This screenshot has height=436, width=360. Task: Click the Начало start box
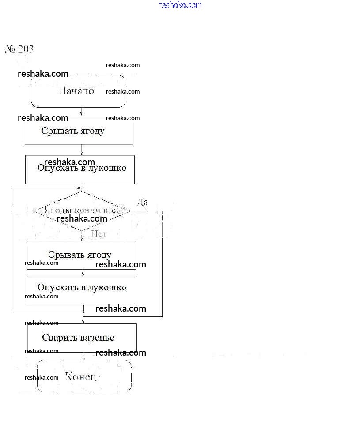(78, 91)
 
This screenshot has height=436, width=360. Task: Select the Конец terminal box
(84, 376)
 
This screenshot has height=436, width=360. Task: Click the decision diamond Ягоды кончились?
(82, 210)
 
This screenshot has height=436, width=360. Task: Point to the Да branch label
(142, 202)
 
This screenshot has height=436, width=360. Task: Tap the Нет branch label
(99, 234)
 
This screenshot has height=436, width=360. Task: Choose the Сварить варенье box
(82, 338)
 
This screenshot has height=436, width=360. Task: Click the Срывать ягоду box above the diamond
(78, 131)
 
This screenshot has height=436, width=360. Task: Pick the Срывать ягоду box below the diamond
(81, 255)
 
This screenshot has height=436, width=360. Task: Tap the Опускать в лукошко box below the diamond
(82, 288)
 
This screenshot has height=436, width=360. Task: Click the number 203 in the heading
(26, 49)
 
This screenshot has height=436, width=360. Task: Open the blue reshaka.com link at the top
(180, 5)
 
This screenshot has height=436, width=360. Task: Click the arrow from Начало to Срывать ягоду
(81, 112)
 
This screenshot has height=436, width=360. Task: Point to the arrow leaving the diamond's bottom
(82, 236)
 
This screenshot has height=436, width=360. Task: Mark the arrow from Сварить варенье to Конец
(83, 356)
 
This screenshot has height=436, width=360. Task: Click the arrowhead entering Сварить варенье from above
(83, 322)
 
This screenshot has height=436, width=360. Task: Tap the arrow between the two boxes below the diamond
(83, 273)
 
